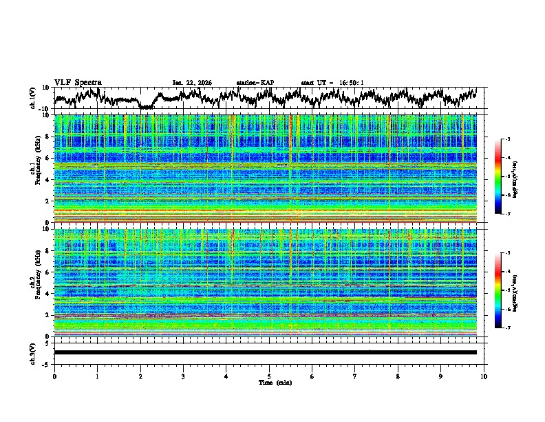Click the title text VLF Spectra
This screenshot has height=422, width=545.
[x=78, y=82]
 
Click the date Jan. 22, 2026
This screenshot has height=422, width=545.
[x=192, y=83]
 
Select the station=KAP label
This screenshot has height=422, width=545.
[x=255, y=83]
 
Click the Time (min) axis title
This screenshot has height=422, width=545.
[x=269, y=382]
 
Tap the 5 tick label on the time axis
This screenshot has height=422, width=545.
[x=269, y=376]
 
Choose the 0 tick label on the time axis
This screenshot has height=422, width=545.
[x=54, y=376]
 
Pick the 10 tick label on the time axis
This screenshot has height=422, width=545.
[x=484, y=376]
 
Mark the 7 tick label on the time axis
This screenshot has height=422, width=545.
[x=355, y=376]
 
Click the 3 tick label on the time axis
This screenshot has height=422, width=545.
[x=183, y=376]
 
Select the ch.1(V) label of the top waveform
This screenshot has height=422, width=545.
[x=33, y=98]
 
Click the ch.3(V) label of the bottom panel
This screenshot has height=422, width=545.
[x=33, y=352]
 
